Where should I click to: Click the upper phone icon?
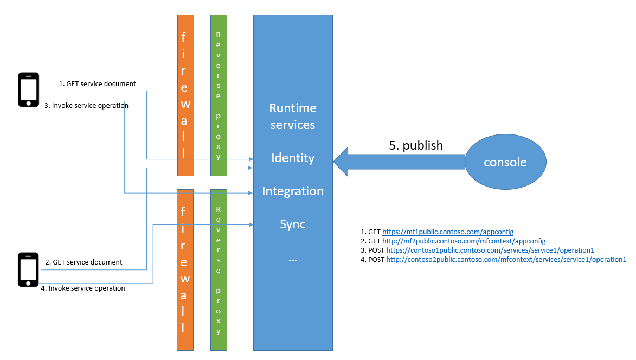point(29,89)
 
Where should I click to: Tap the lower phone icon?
point(29,269)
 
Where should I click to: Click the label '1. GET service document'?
point(97,84)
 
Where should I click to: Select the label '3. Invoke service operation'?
point(86,106)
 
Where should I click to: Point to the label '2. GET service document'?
point(83,262)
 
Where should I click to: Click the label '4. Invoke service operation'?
point(83,288)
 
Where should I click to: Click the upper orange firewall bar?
point(185,95)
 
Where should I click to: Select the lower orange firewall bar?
point(185,269)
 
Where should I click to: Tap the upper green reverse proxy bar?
point(219,95)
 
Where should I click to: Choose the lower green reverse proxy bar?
point(219,269)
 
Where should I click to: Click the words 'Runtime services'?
point(293,117)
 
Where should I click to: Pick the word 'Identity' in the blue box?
point(293,158)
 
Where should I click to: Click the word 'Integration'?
point(293,191)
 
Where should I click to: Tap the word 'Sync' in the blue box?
point(293,224)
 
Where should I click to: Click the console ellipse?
point(505,162)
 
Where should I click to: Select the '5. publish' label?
point(416,145)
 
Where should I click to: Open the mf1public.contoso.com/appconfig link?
point(448,232)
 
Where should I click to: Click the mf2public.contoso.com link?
point(464,241)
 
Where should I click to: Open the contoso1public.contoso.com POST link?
point(490,250)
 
